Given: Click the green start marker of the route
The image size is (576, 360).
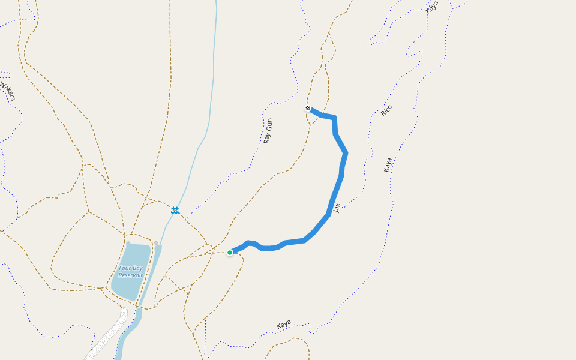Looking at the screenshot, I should pyautogui.click(x=230, y=253).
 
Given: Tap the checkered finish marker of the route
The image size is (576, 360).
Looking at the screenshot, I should pyautogui.click(x=308, y=109).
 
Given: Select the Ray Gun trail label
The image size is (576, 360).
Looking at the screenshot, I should pyautogui.click(x=268, y=131).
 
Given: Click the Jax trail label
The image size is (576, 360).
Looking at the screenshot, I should pyautogui.click(x=337, y=208).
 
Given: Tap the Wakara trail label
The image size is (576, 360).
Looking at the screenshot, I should pyautogui.click(x=7, y=90).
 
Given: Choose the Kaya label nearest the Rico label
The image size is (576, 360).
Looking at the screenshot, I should pyautogui.click(x=388, y=165).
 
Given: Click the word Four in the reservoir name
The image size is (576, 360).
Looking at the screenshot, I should pyautogui.click(x=124, y=268).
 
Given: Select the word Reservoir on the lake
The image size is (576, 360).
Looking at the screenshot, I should pyautogui.click(x=130, y=275).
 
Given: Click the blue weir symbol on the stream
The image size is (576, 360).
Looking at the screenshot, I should pyautogui.click(x=175, y=210).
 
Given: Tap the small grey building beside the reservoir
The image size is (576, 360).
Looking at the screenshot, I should pyautogui.click(x=156, y=243).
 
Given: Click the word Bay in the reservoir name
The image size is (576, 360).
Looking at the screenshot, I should pyautogui.click(x=137, y=268).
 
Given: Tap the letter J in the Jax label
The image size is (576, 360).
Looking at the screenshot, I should pyautogui.click(x=338, y=211).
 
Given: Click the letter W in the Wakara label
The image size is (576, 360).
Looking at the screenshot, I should pyautogui.click(x=2, y=83).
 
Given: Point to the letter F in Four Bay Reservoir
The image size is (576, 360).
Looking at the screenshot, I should pyautogui.click(x=120, y=268).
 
